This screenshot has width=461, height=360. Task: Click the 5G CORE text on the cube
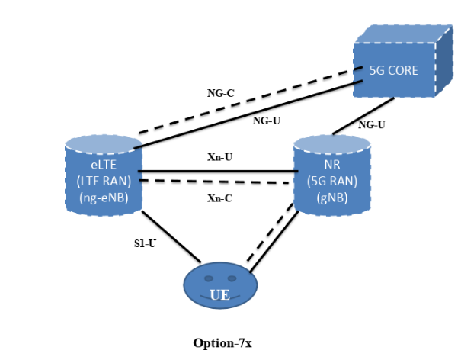coord(393,70)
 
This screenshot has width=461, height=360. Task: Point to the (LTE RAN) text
coord(101,181)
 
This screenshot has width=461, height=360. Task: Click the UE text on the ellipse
coord(220,294)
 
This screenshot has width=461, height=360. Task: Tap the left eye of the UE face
coord(210,278)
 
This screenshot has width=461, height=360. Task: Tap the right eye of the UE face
coord(231,278)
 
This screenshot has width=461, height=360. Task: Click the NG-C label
coord(220,93)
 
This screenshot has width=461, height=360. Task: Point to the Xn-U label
coord(219,157)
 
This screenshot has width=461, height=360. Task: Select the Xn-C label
coord(219,198)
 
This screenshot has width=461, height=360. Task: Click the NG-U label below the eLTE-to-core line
coord(266,120)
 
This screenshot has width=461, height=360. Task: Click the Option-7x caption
coord(222,342)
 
